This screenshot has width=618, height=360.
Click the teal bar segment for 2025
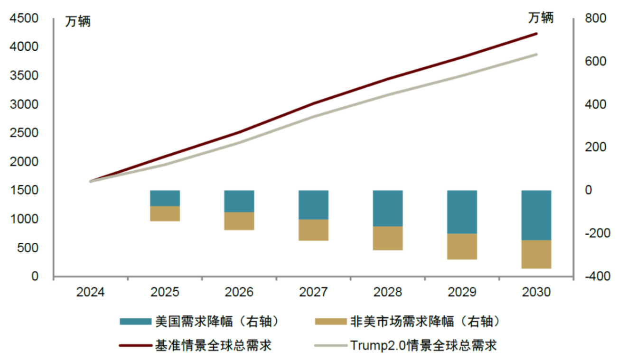[165, 198]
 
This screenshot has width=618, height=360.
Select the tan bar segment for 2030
[536, 254]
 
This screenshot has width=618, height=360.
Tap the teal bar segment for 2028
[388, 208]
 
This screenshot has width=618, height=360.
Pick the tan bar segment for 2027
[313, 230]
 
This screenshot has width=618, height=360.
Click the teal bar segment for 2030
[536, 215]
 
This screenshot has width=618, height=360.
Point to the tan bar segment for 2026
[239, 221]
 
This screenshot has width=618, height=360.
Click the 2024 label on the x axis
[91, 292]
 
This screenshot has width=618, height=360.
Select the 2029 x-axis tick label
[462, 292]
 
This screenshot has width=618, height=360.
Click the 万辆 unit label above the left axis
[78, 21]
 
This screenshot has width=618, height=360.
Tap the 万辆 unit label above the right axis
[541, 18]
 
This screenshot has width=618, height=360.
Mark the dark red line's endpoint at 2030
[536, 34]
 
